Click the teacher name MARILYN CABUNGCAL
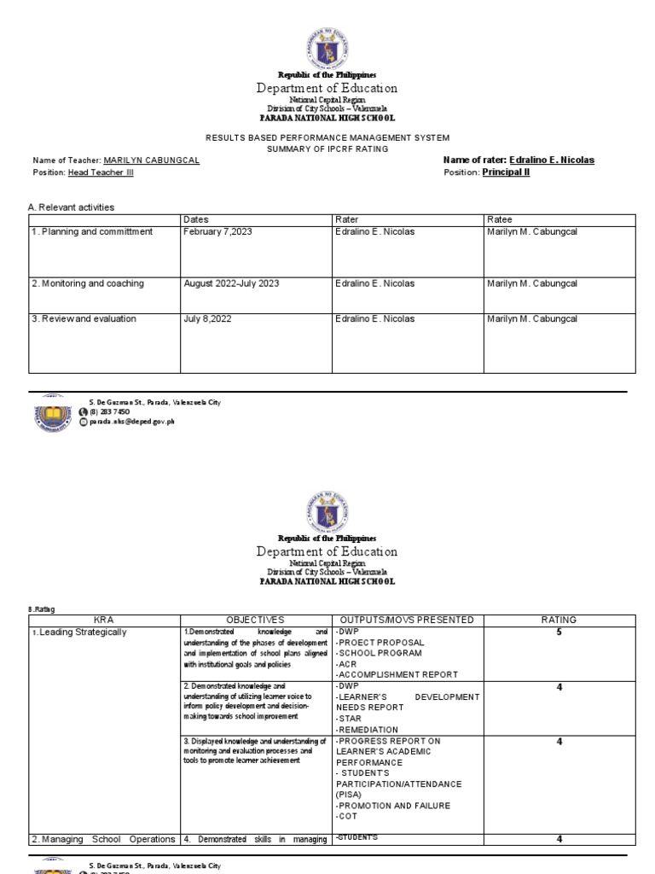pyautogui.click(x=151, y=160)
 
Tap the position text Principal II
pyautogui.click(x=506, y=172)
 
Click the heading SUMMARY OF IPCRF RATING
pyautogui.click(x=327, y=149)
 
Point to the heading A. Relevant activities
pyautogui.click(x=72, y=207)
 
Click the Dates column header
pyautogui.click(x=196, y=220)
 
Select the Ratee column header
pyautogui.click(x=500, y=220)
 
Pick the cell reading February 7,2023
pyautogui.click(x=218, y=232)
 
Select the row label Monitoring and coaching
pyautogui.click(x=88, y=283)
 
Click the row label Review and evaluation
pyautogui.click(x=84, y=319)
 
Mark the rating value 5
pyautogui.click(x=559, y=632)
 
